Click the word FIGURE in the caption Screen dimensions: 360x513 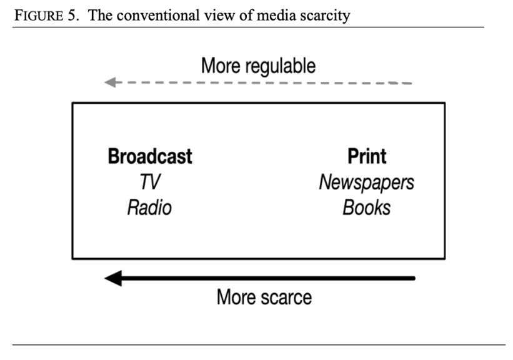point(36,16)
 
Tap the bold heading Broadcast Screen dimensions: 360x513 point(150,156)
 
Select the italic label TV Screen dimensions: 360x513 point(150,182)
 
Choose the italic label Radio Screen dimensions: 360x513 point(149,207)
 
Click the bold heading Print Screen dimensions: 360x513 point(367,156)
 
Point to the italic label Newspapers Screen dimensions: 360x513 point(366,182)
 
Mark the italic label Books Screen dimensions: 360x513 point(366,207)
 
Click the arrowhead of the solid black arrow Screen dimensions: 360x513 point(112,278)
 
